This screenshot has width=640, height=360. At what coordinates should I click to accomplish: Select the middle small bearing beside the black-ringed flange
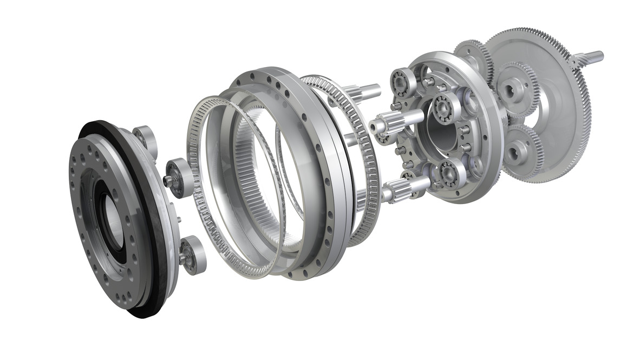click(x=177, y=175)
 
